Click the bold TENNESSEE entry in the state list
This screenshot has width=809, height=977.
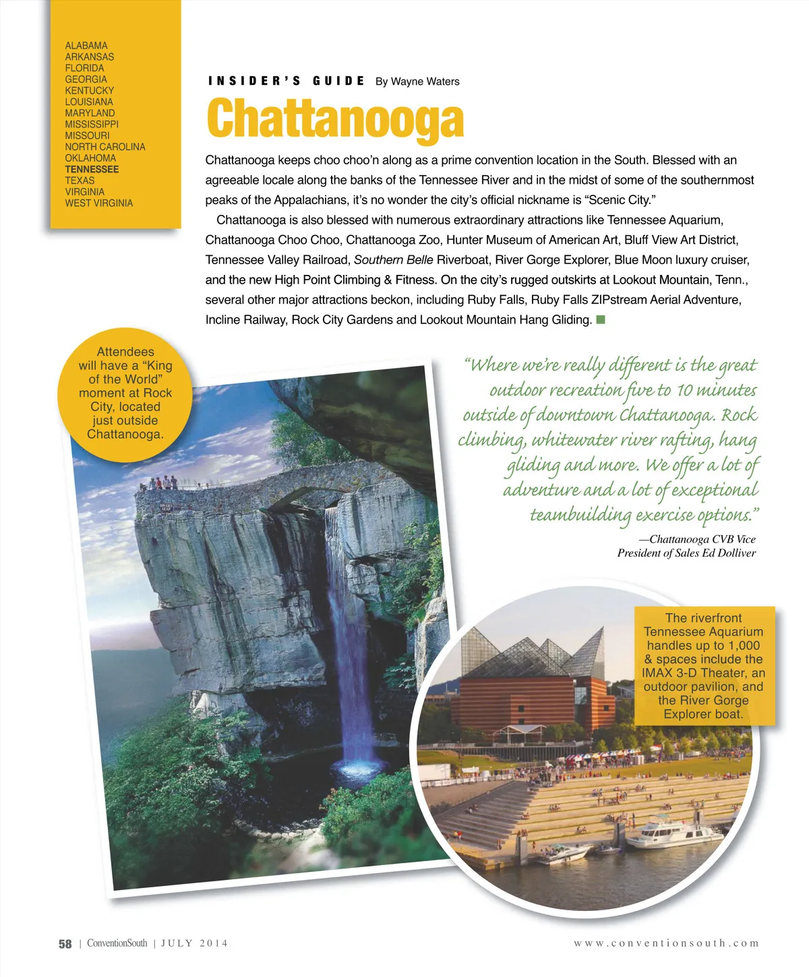[92, 169]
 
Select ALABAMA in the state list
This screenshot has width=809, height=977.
[86, 46]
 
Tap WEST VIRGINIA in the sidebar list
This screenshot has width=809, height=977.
[98, 203]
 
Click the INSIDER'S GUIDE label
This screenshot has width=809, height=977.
[287, 82]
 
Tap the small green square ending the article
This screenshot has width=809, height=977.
[601, 319]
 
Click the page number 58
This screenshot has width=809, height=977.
[65, 944]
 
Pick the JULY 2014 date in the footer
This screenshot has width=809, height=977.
[194, 943]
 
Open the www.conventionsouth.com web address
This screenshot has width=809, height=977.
[666, 943]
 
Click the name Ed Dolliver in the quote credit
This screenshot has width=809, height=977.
[729, 553]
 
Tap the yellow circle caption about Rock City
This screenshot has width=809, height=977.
[125, 393]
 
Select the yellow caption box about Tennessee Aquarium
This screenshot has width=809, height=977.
[703, 666]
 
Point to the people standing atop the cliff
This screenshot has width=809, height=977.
[162, 483]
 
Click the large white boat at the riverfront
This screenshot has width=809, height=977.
[674, 833]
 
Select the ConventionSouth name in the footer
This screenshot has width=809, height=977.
[117, 943]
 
